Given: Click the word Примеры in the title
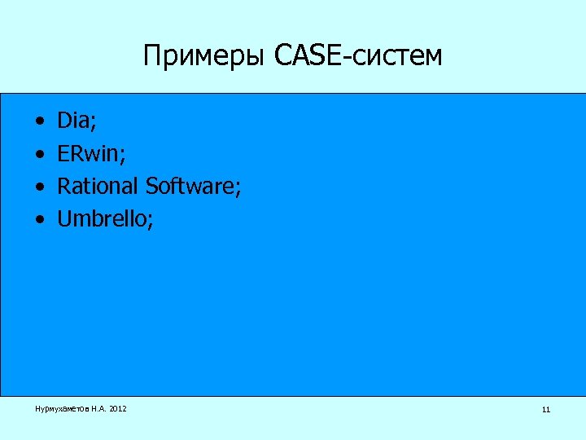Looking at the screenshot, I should click(205, 55).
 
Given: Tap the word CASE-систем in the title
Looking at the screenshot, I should click(359, 55).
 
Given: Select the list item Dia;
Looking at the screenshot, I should click(77, 121).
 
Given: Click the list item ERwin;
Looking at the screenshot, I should click(90, 154).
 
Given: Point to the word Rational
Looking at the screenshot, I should click(98, 187).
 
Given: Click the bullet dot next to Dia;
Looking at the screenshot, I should click(39, 123).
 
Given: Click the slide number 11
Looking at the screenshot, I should click(545, 409).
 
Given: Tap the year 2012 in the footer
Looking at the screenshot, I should click(116, 408).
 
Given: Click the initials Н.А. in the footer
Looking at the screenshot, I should click(98, 408).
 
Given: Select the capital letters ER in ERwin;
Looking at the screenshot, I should click(68, 154).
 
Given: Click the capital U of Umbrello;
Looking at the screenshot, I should click(64, 219).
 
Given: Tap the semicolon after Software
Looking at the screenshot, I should click(238, 188).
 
